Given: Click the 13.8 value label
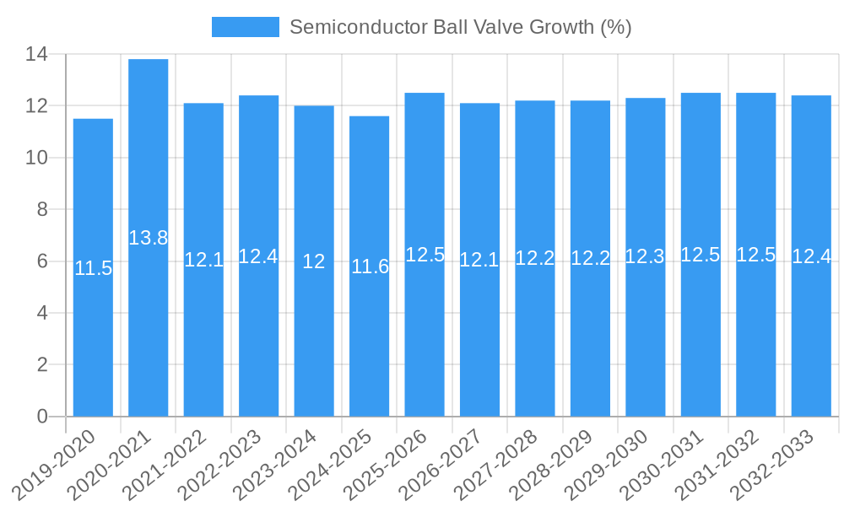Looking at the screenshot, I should tap(149, 238).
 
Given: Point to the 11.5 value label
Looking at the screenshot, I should tap(93, 268).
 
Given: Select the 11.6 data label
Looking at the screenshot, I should tap(370, 266).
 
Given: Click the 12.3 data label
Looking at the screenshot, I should tap(646, 256).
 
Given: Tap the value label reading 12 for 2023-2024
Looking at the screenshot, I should tap(314, 261).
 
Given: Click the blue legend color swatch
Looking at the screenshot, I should tap(245, 27).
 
